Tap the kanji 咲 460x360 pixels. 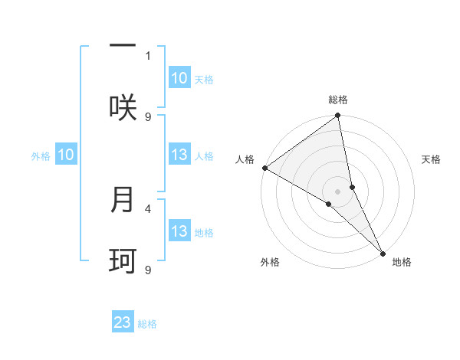(123, 107)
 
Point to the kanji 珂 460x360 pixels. (123, 261)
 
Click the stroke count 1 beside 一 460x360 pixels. (148, 55)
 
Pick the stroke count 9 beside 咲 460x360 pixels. (148, 116)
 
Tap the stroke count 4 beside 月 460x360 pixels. (148, 208)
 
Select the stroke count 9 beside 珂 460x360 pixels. (148, 270)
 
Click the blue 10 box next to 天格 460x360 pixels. (179, 78)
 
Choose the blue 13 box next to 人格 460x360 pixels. (179, 155)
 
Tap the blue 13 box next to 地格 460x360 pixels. (179, 231)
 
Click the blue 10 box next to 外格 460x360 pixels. (65, 155)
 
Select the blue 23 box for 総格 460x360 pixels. (123, 322)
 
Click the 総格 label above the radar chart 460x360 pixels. (338, 100)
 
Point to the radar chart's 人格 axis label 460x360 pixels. (245, 159)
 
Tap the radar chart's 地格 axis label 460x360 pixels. (402, 262)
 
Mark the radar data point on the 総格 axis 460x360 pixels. (338, 116)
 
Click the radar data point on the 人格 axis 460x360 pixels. (264, 168)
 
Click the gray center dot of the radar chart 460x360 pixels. (338, 191)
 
